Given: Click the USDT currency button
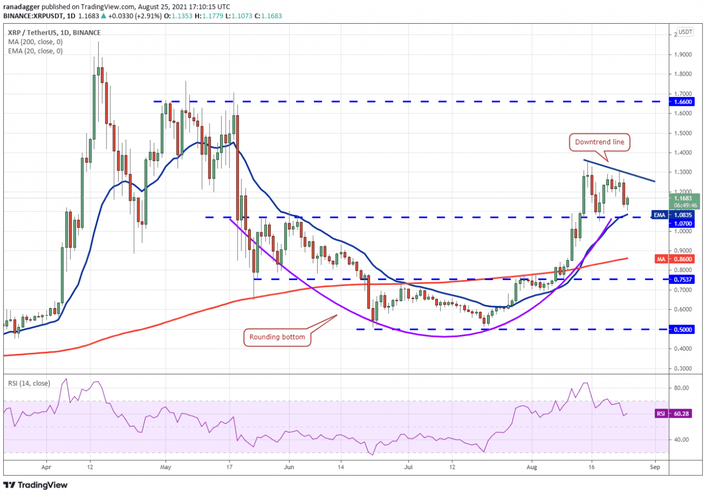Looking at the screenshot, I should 685,32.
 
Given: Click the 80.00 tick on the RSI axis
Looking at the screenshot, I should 682,388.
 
